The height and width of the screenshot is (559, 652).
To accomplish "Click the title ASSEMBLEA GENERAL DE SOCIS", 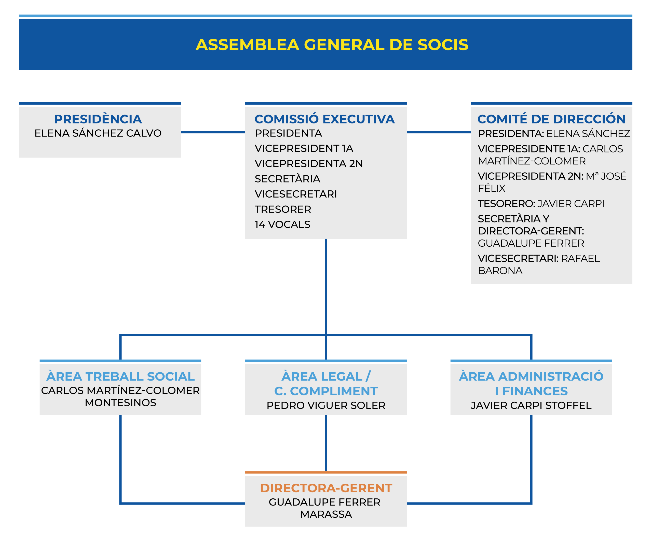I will tap(332, 45).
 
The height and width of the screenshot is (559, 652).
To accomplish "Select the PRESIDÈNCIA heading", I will tap(98, 119).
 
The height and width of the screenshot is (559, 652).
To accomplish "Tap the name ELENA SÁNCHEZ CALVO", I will tap(98, 133).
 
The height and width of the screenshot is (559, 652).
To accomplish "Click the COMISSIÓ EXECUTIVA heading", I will tap(324, 119).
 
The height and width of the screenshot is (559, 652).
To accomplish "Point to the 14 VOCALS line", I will tap(282, 225).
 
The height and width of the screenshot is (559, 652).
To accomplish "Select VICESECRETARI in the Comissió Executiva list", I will tap(296, 194).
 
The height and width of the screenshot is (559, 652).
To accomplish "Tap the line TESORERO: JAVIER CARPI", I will tap(541, 204).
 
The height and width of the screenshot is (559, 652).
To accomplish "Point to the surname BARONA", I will tap(500, 271).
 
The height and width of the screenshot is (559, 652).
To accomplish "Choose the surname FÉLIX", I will tap(492, 188).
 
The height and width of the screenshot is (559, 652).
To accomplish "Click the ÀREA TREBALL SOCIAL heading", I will tap(120, 376).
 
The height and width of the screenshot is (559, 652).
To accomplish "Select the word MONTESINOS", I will tap(120, 403).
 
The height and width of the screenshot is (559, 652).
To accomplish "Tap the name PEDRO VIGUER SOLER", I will tap(326, 406).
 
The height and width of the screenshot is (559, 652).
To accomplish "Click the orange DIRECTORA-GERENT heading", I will tap(326, 488).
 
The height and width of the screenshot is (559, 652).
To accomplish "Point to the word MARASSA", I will tap(326, 514).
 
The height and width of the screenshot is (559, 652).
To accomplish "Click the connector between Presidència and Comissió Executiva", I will tap(213, 132).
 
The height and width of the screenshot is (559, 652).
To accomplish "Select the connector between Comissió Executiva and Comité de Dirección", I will tap(439, 132).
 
